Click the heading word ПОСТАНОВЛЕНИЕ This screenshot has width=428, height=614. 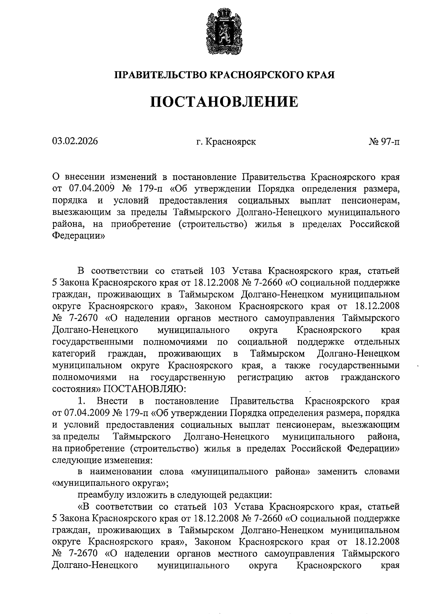click(224, 102)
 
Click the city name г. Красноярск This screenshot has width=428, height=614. click(226, 142)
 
